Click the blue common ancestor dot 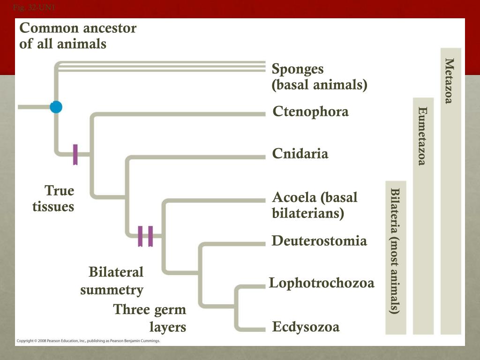coord(56,107)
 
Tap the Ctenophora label coord(311,112)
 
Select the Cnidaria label coord(300,154)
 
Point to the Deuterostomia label coord(319,241)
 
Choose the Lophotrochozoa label coord(322,283)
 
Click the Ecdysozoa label coord(306,327)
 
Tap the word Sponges coord(298,69)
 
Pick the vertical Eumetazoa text coord(422,136)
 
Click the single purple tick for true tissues coord(75,154)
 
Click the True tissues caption coord(53,199)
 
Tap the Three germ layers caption coord(150,318)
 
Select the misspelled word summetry coord(112,290)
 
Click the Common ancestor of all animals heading coord(78,36)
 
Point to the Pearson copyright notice coord(88,341)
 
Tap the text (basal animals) coord(319,85)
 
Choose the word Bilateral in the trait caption coord(116,272)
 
